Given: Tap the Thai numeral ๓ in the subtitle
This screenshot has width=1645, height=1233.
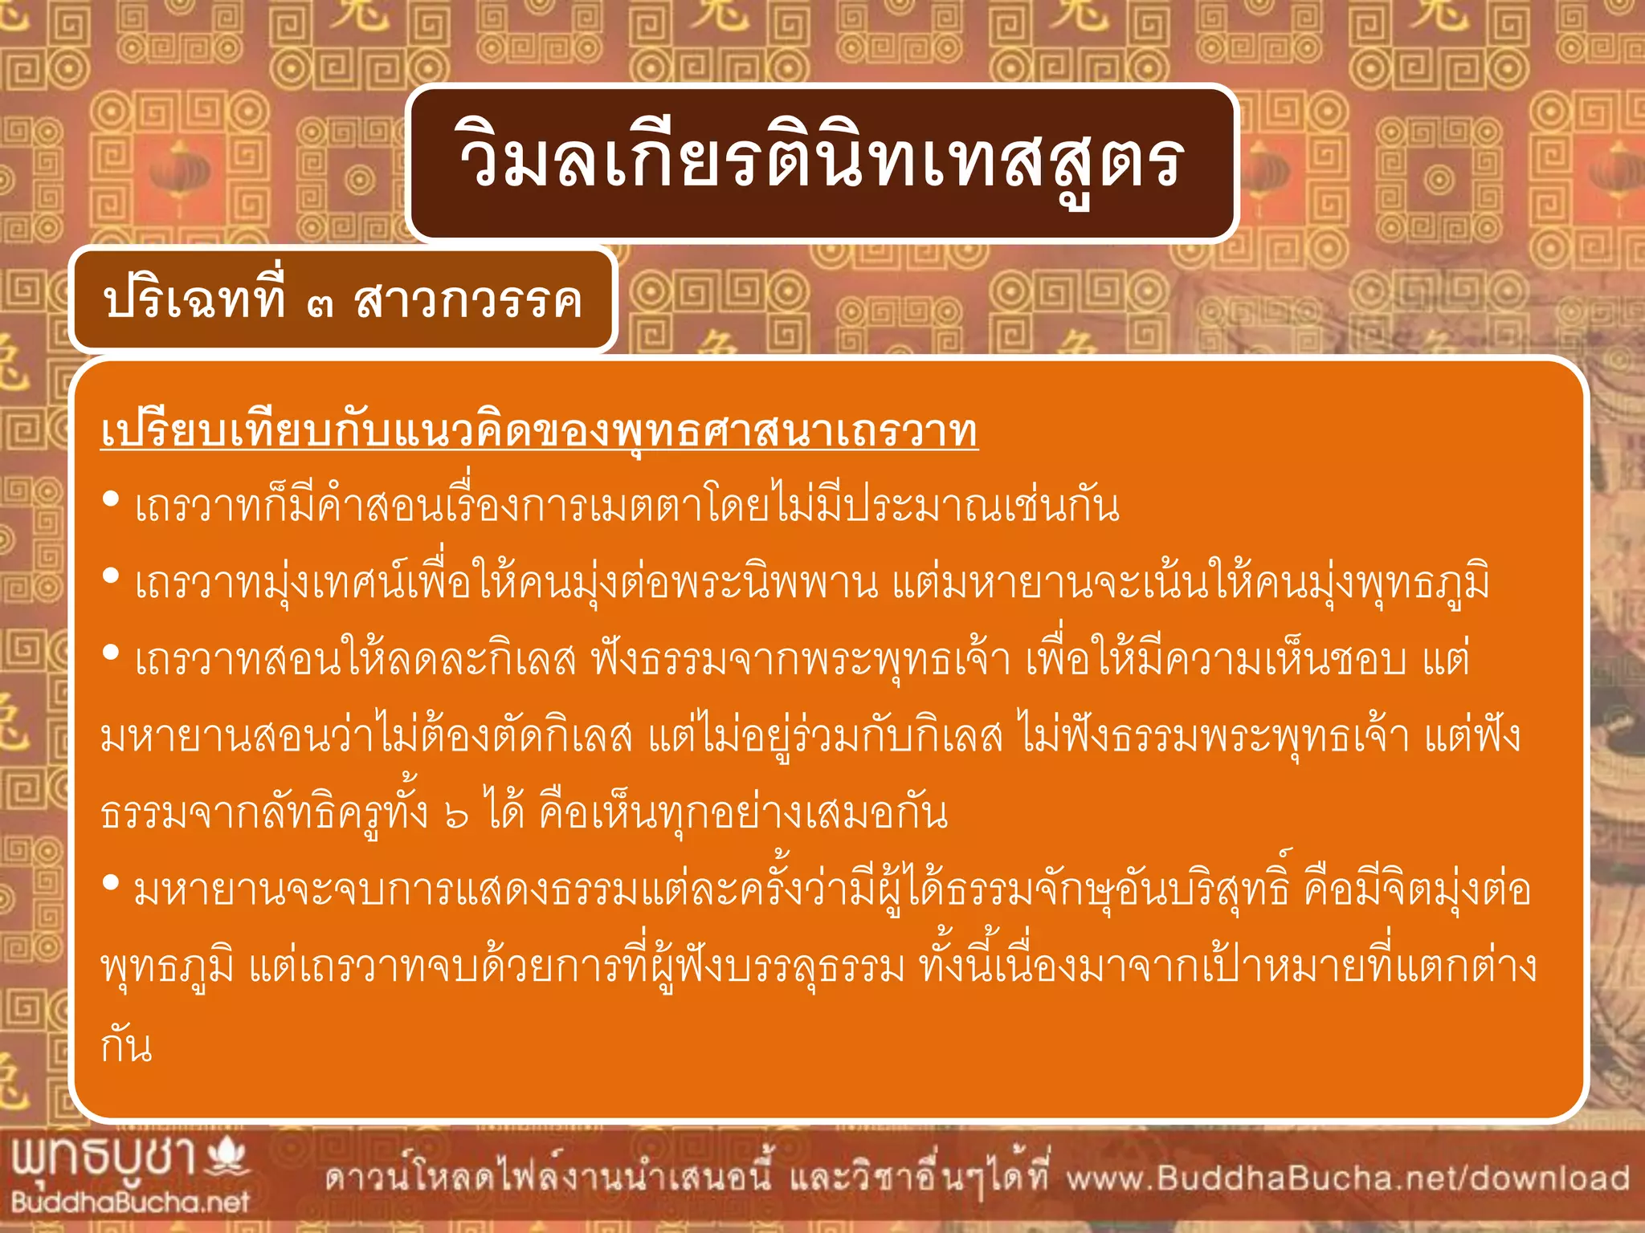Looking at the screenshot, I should click(320, 304).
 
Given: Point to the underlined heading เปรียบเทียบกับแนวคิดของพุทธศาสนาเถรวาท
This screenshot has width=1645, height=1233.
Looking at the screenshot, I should click(539, 432).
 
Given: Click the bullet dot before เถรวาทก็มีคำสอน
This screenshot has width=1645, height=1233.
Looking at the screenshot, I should click(112, 500).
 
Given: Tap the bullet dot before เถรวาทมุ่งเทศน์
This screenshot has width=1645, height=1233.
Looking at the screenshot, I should click(112, 576).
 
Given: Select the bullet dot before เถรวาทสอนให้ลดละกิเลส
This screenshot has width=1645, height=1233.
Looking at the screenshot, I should click(112, 653).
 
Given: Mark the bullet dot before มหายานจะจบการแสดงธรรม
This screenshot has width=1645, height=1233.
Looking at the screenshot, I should click(112, 884).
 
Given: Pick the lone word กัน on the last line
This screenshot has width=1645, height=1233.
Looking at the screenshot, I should click(126, 1045).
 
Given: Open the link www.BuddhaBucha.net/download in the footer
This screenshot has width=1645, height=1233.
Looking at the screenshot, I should click(1348, 1178).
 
